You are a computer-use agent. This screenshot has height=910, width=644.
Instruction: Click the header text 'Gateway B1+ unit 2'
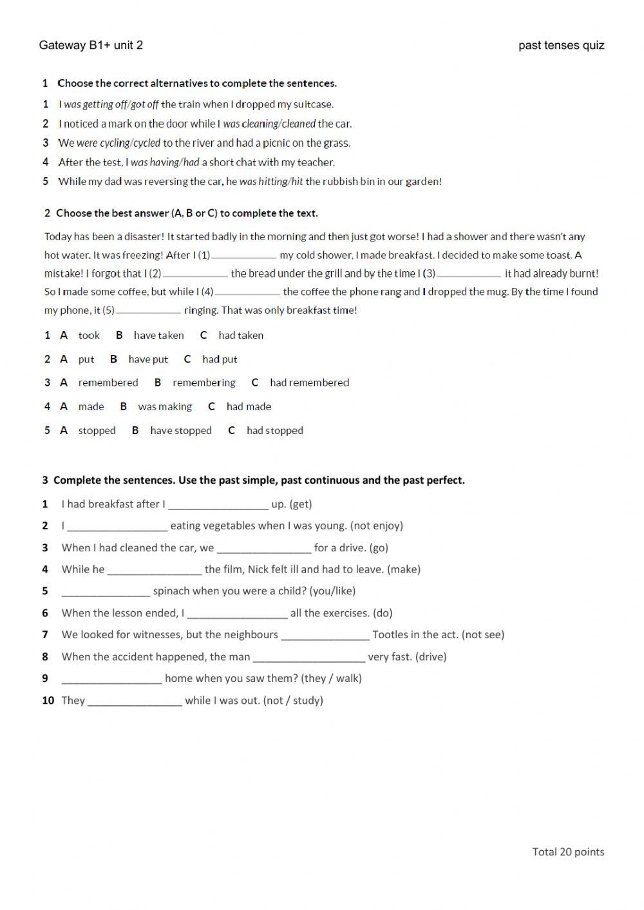(x=91, y=45)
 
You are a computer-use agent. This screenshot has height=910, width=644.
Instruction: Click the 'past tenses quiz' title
(x=561, y=45)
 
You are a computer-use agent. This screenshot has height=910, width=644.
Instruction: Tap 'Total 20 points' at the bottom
(x=568, y=851)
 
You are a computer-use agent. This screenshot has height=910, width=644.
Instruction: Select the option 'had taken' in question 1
(x=240, y=335)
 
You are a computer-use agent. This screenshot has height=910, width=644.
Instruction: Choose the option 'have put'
(x=148, y=359)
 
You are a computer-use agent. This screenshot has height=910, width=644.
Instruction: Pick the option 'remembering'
(x=204, y=383)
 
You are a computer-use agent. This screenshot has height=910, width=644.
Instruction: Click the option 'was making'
(x=165, y=406)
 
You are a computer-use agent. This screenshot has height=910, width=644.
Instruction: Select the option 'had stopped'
(x=274, y=430)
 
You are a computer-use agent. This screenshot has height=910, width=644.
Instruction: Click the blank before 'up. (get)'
(x=218, y=505)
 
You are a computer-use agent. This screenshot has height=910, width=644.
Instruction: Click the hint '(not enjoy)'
(x=376, y=526)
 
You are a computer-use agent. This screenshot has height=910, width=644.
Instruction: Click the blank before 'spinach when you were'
(x=106, y=592)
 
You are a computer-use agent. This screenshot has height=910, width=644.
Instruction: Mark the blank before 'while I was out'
(x=135, y=701)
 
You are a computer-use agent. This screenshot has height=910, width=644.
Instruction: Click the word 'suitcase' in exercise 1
(x=313, y=104)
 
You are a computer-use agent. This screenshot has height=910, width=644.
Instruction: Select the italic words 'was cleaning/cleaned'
(x=269, y=124)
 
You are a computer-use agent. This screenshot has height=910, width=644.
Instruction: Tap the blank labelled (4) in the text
(x=247, y=292)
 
